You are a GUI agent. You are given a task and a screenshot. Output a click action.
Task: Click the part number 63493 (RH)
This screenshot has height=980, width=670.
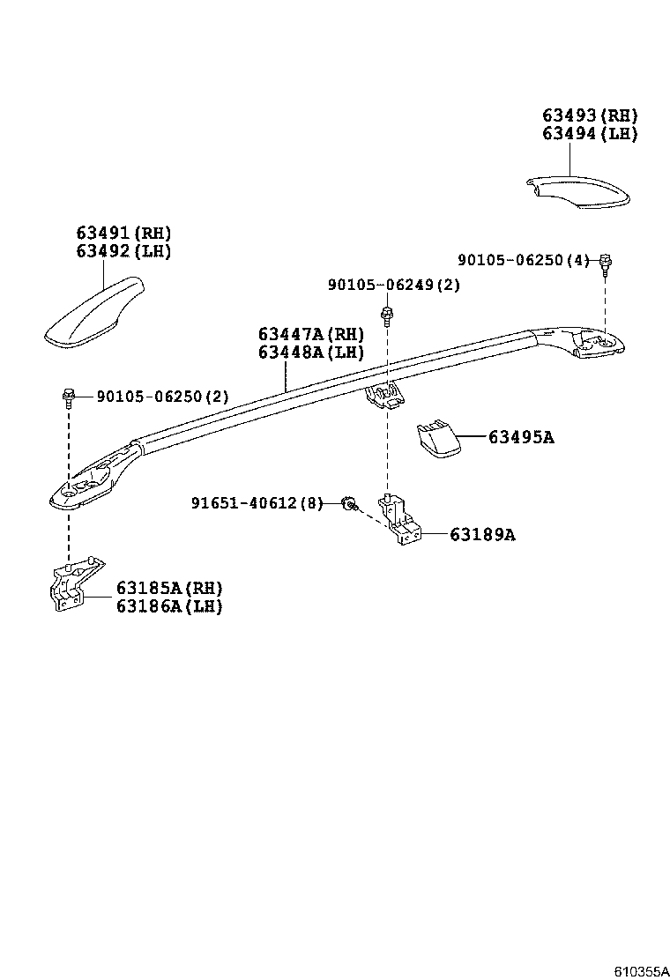(589, 115)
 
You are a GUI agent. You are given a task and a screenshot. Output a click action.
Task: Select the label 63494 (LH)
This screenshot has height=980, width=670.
(589, 134)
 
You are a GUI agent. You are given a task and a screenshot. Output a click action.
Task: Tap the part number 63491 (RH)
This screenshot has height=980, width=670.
(123, 233)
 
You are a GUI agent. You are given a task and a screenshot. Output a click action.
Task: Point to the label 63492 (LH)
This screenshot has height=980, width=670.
(123, 251)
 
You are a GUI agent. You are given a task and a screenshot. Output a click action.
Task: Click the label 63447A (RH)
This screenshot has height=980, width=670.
(310, 334)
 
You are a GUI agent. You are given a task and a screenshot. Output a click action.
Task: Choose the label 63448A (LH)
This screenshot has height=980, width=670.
(310, 353)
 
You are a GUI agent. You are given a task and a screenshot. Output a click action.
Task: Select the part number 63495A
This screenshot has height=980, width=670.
(521, 437)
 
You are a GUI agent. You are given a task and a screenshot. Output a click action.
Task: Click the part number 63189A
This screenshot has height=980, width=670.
(482, 534)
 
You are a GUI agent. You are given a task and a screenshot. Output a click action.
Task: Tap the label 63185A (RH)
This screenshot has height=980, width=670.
(169, 588)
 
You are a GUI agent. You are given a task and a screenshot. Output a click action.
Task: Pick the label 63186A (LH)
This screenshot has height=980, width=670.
(169, 606)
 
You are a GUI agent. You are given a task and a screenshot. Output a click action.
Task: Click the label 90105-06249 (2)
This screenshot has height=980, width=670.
(393, 285)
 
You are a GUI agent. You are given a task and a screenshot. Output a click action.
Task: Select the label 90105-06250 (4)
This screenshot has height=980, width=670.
(523, 260)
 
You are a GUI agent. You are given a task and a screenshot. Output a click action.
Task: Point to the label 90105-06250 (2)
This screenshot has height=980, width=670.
(162, 397)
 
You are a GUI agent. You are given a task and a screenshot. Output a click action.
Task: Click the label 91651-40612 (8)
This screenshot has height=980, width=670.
(257, 503)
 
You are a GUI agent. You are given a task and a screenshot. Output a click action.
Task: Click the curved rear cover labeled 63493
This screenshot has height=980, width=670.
(577, 194)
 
